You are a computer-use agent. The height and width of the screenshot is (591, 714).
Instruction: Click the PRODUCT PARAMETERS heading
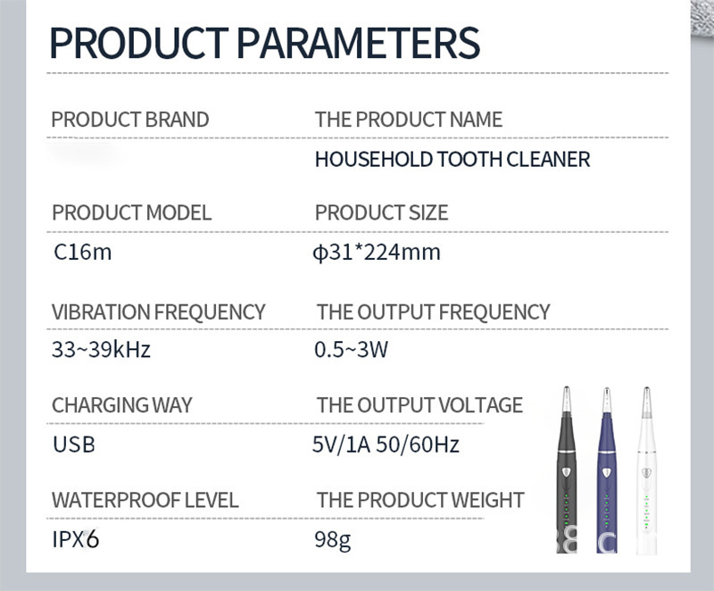tap(264, 43)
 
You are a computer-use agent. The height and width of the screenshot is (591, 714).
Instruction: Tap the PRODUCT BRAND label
tap(130, 120)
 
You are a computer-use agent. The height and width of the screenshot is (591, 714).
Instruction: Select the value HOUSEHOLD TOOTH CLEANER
tap(452, 160)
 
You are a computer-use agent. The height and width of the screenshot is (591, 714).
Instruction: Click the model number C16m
tap(82, 252)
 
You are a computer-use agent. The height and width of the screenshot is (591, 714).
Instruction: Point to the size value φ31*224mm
tap(377, 253)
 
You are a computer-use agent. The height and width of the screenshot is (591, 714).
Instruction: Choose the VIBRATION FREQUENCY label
tap(158, 312)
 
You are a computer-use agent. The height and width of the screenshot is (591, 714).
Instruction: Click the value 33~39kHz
tap(101, 350)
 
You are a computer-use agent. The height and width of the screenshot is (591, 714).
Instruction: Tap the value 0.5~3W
tap(351, 350)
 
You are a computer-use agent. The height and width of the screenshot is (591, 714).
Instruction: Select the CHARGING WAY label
tap(121, 404)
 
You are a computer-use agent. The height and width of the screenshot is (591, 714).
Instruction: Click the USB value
tap(74, 445)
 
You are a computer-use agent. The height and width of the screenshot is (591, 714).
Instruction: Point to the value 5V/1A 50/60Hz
tap(386, 445)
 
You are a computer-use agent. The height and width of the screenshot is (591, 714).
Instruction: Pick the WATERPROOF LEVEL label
tap(145, 500)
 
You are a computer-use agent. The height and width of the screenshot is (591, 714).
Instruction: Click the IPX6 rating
tap(76, 539)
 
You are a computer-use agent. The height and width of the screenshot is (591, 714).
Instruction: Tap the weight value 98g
tap(332, 540)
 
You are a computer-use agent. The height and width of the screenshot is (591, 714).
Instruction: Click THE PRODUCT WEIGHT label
tap(420, 500)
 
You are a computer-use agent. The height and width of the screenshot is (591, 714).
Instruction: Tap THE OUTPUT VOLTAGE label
tap(419, 404)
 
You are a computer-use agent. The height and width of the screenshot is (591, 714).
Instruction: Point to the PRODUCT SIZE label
tap(382, 212)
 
